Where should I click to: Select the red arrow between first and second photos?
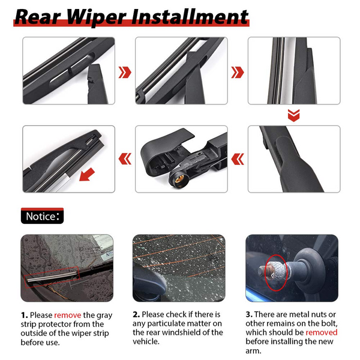pos(124,73)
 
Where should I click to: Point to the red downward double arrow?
pos(293,115)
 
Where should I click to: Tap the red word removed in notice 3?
pos(321,332)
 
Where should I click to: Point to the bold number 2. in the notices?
pos(136,314)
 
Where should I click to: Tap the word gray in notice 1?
pos(101,314)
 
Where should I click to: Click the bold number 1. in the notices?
pos(24,314)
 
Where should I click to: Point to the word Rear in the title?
pos(35,16)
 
